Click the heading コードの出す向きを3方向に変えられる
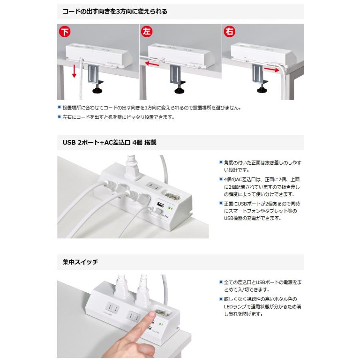[115, 11]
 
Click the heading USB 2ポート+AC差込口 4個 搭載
[112, 142]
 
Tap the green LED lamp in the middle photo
[170, 208]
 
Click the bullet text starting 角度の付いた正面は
[262, 166]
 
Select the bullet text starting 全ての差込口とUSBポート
[262, 286]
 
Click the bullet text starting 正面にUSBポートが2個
[262, 211]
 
